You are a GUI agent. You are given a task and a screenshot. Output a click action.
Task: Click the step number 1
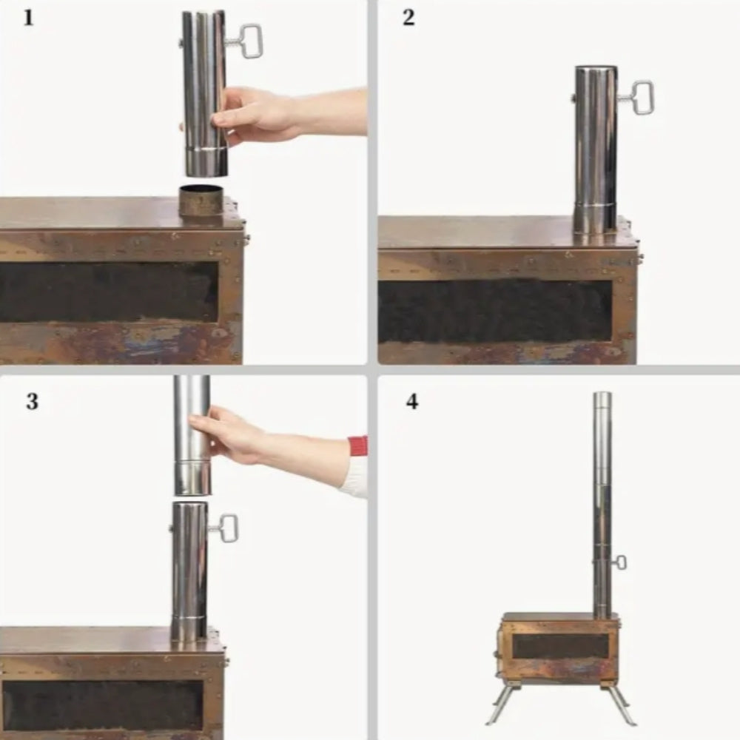(28, 18)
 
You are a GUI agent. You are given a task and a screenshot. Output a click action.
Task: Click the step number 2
(408, 18)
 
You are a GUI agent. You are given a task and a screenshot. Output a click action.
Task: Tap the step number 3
(32, 402)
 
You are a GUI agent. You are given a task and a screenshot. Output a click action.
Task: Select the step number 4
(412, 402)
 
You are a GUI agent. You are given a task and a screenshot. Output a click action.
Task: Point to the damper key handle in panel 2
(642, 98)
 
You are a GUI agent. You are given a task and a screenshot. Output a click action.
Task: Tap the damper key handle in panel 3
(228, 528)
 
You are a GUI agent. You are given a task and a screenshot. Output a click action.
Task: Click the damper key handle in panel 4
(621, 562)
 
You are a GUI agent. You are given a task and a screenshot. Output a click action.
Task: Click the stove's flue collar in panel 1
(201, 201)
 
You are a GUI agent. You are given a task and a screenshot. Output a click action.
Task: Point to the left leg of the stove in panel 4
(503, 704)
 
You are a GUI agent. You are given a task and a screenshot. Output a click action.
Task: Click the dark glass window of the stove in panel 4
(561, 646)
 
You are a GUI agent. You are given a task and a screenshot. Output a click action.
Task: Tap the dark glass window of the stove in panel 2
(496, 312)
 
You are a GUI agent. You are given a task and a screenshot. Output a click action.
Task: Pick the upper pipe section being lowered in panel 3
(192, 435)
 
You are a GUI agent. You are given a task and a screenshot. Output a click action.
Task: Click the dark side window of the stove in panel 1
(109, 292)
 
